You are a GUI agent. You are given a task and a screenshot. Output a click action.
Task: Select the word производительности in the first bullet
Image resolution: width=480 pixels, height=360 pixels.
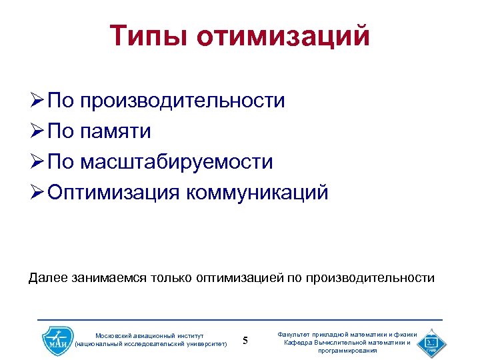(182, 101)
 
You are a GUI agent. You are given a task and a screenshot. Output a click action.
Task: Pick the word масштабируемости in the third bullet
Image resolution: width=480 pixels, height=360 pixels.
(176, 162)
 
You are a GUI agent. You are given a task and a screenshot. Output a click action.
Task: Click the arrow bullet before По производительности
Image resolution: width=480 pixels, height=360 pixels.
(37, 101)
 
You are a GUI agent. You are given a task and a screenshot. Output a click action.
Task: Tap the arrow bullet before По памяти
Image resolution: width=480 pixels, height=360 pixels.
(37, 131)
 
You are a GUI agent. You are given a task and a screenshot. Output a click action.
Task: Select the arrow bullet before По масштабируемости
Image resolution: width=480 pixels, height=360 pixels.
(37, 162)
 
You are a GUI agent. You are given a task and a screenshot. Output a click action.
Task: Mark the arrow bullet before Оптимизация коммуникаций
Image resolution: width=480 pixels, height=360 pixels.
(37, 193)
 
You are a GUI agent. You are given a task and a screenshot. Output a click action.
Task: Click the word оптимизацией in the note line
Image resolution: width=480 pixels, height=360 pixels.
(241, 277)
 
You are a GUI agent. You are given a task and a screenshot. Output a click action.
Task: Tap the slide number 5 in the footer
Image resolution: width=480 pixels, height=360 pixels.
(245, 341)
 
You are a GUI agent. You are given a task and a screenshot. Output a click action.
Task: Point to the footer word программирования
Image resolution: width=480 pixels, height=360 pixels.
(347, 350)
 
